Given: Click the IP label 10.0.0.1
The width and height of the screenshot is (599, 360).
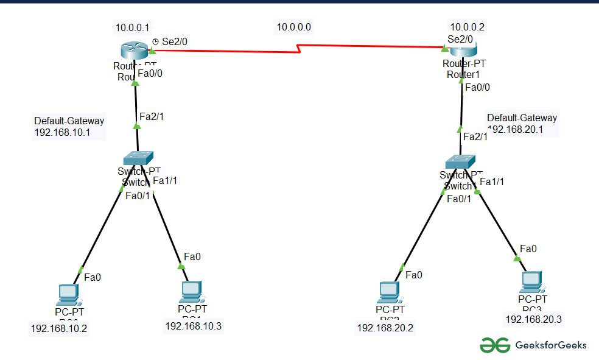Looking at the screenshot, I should click(x=132, y=27).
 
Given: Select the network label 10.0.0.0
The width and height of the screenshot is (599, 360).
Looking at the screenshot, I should click(x=294, y=27).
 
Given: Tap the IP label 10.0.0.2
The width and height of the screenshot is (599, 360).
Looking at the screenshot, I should click(x=468, y=27).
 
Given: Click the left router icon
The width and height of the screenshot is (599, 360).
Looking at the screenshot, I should click(x=133, y=51).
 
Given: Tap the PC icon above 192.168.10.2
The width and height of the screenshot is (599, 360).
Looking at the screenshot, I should click(x=66, y=295).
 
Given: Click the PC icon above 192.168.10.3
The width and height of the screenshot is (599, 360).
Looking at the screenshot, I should click(x=191, y=291).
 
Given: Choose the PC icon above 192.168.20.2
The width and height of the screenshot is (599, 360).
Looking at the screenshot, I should click(x=388, y=292).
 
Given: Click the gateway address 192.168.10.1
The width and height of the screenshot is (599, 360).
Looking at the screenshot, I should click(x=62, y=132).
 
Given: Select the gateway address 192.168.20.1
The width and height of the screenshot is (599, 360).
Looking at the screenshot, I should click(x=515, y=129).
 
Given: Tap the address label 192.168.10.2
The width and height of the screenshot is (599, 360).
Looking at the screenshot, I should click(x=59, y=329).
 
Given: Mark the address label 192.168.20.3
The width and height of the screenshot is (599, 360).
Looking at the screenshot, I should click(x=533, y=319).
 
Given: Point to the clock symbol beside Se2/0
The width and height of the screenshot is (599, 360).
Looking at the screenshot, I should click(x=155, y=41).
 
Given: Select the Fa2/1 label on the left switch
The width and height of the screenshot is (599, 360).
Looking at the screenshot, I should click(x=152, y=116).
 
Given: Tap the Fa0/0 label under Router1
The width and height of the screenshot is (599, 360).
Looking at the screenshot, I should click(x=477, y=87).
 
